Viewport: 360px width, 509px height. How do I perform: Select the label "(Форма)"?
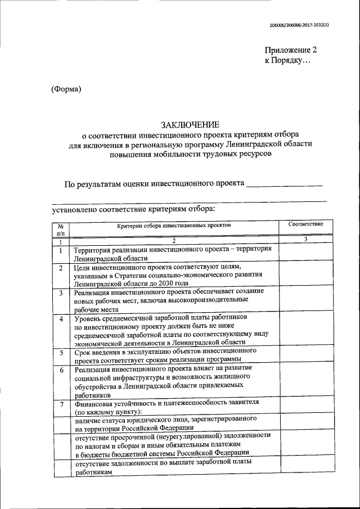pyautogui.click(x=66, y=88)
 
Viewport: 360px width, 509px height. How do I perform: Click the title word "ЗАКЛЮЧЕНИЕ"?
pyautogui.click(x=190, y=125)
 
